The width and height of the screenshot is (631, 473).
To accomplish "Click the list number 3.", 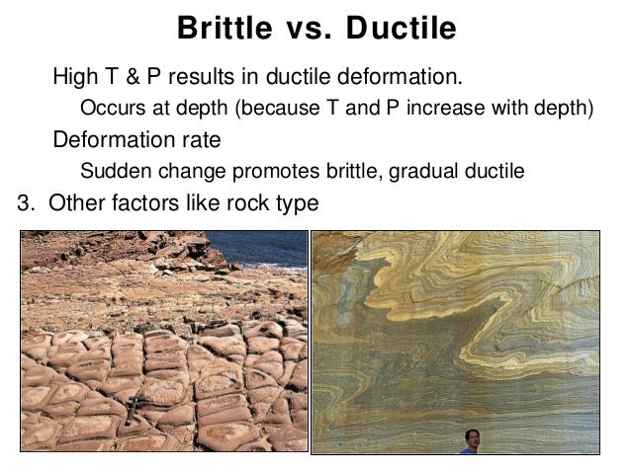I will pos(25,204).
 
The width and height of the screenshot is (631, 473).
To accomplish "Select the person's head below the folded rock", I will pos(472,435).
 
